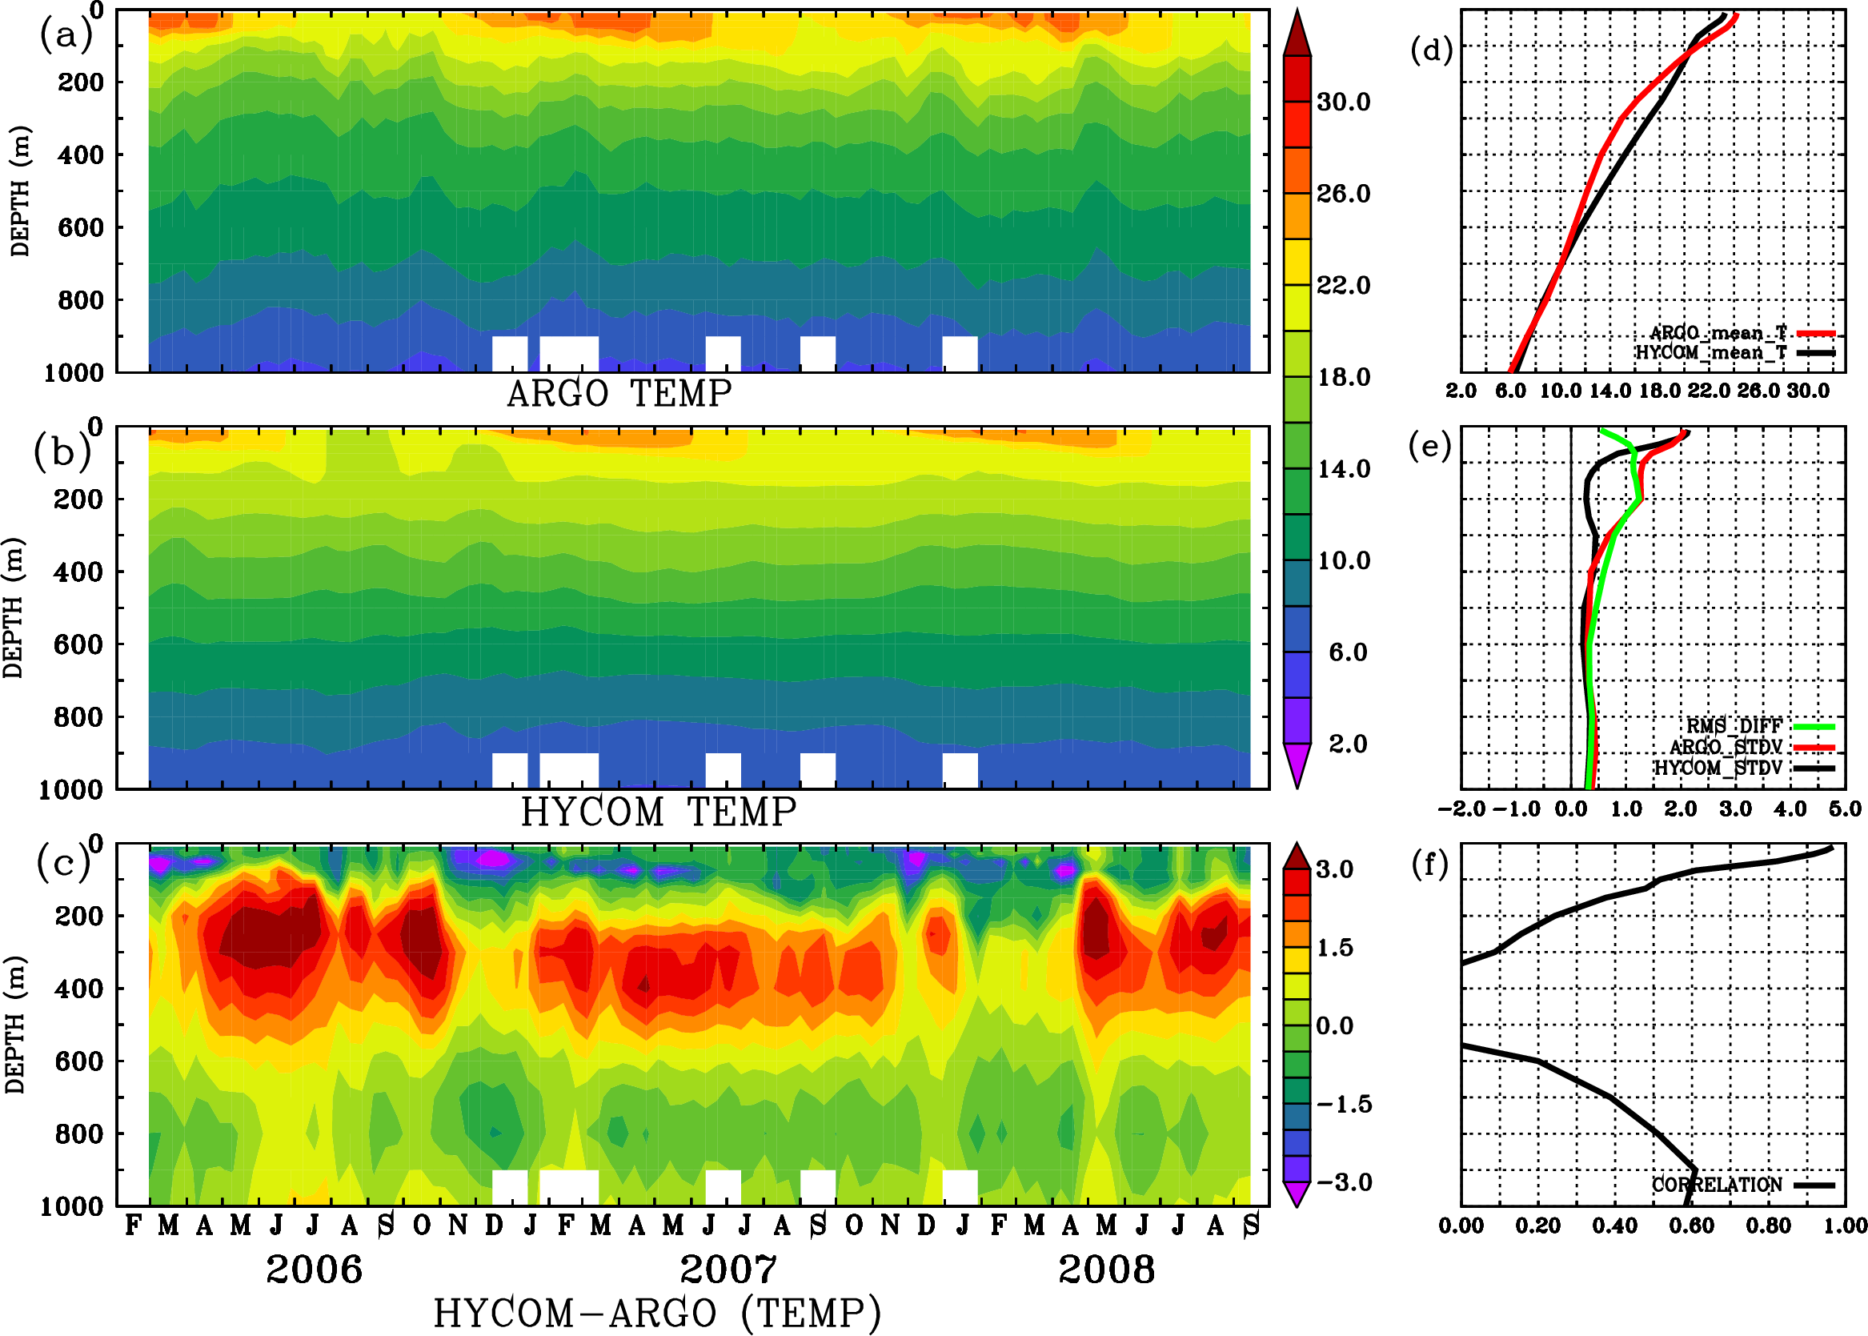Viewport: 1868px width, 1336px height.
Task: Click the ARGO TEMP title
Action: pyautogui.click(x=619, y=394)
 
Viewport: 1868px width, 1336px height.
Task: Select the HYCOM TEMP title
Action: pyautogui.click(x=659, y=812)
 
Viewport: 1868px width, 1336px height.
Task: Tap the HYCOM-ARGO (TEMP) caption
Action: pyautogui.click(x=657, y=1312)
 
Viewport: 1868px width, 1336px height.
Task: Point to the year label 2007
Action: pyautogui.click(x=728, y=1270)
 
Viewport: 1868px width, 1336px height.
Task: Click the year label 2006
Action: pyautogui.click(x=315, y=1270)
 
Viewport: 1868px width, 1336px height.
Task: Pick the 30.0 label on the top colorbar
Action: pyautogui.click(x=1343, y=102)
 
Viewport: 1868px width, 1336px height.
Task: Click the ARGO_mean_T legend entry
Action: pyautogui.click(x=1718, y=333)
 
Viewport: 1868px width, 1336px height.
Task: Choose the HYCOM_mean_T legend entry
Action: pyautogui.click(x=1711, y=353)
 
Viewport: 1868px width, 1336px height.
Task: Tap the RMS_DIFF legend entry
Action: pyautogui.click(x=1734, y=726)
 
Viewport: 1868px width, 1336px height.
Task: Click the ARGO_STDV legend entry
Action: pyautogui.click(x=1726, y=747)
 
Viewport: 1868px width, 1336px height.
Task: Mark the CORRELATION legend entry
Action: pyautogui.click(x=1717, y=1186)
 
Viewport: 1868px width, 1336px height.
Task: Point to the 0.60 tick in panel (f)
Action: pyautogui.click(x=1692, y=1226)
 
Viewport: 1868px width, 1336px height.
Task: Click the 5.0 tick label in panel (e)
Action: pyautogui.click(x=1845, y=809)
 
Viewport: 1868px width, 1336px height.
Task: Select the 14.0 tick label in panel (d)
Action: pyautogui.click(x=1609, y=391)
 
